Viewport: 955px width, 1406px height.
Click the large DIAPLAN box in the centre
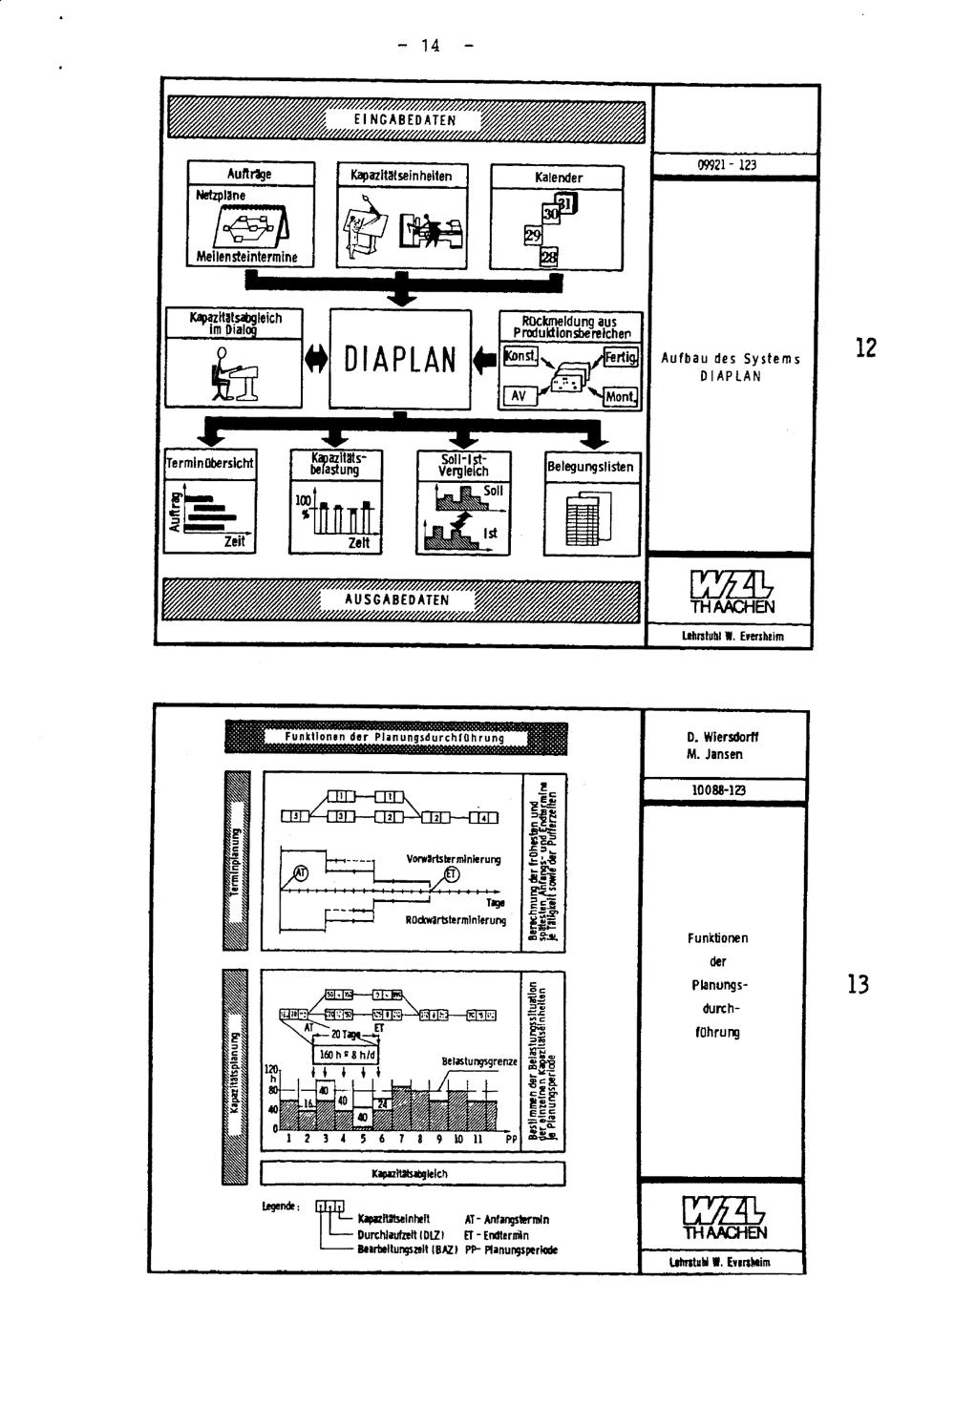tap(400, 359)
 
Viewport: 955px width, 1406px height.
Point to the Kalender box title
tap(558, 178)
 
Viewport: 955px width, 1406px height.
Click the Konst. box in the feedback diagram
tap(520, 356)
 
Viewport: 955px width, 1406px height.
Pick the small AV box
tap(518, 395)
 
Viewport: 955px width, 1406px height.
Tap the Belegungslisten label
tap(591, 467)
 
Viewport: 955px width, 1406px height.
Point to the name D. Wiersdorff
tap(723, 737)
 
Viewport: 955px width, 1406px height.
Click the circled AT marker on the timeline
tap(300, 871)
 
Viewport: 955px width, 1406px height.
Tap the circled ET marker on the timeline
tap(452, 876)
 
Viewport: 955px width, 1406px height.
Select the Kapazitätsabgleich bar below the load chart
tap(409, 1173)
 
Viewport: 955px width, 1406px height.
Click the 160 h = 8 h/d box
tap(347, 1056)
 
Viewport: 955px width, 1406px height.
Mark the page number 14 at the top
tap(430, 45)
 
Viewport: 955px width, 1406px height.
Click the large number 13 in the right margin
tap(858, 984)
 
